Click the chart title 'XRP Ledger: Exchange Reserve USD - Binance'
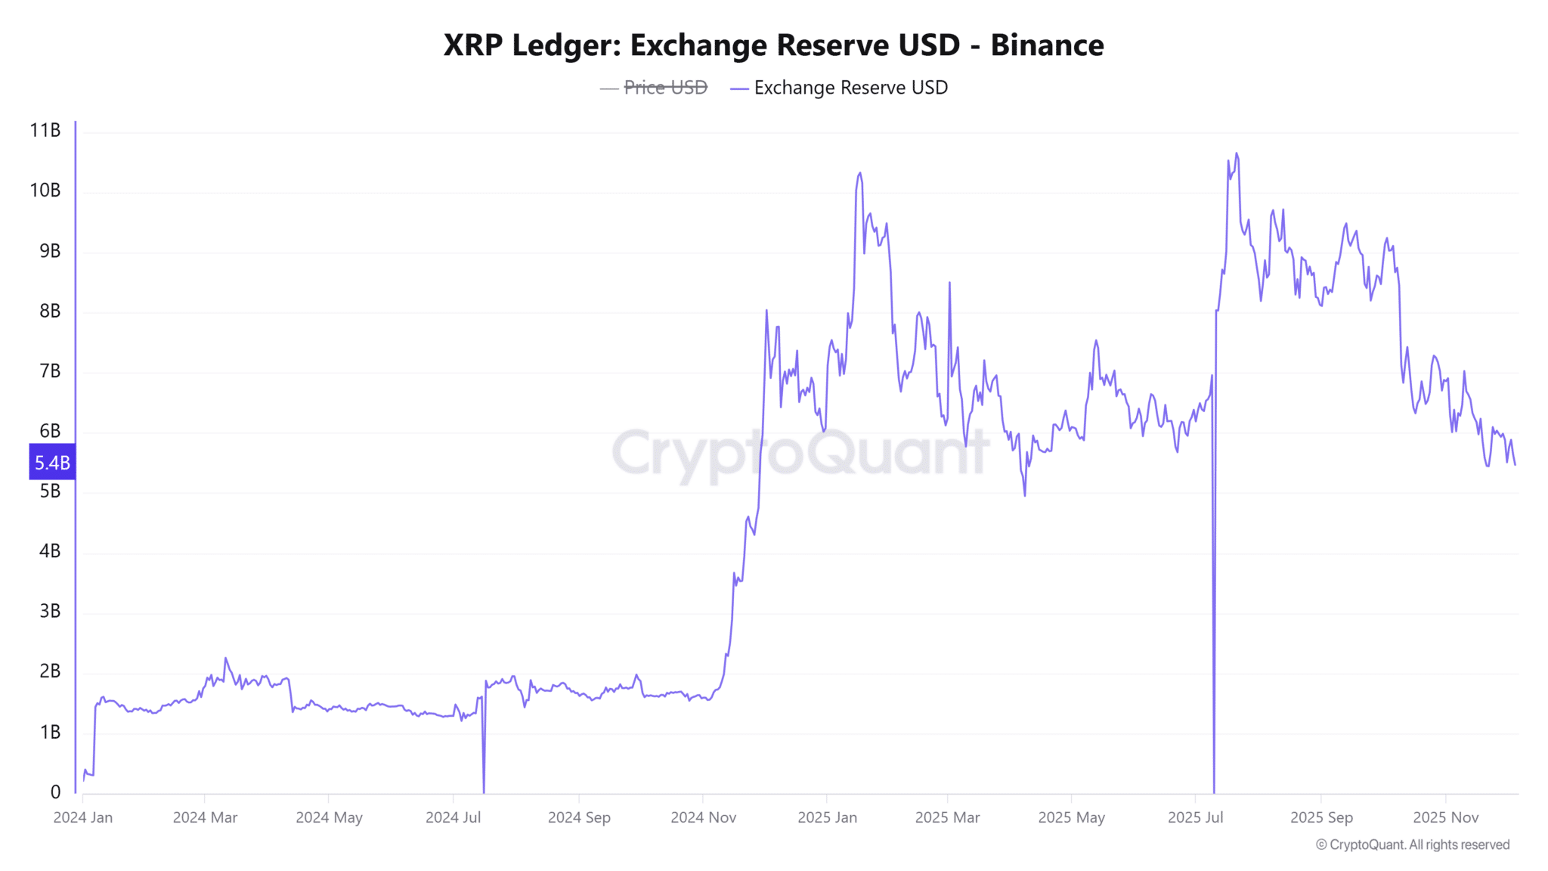click(773, 45)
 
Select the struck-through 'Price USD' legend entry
click(664, 88)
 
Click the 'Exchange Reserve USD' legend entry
click(850, 88)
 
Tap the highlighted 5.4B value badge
click(52, 462)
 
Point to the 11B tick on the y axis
click(45, 131)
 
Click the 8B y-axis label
click(50, 311)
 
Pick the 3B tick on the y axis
click(50, 611)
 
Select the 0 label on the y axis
click(55, 792)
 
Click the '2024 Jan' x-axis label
click(83, 817)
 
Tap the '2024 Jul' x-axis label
click(453, 817)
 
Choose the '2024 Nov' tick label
click(703, 817)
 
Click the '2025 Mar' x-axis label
click(947, 817)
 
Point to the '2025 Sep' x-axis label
click(1321, 817)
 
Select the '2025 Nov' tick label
click(1445, 817)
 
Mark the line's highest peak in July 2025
click(1237, 153)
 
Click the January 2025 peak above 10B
click(860, 173)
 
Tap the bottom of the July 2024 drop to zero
click(484, 791)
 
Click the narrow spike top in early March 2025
click(949, 283)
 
